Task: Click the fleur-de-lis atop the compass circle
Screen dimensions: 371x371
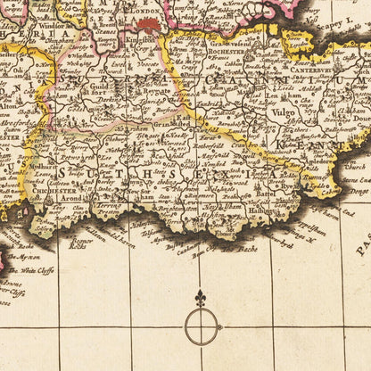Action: (201, 298)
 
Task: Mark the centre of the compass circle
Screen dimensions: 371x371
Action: (202, 327)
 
